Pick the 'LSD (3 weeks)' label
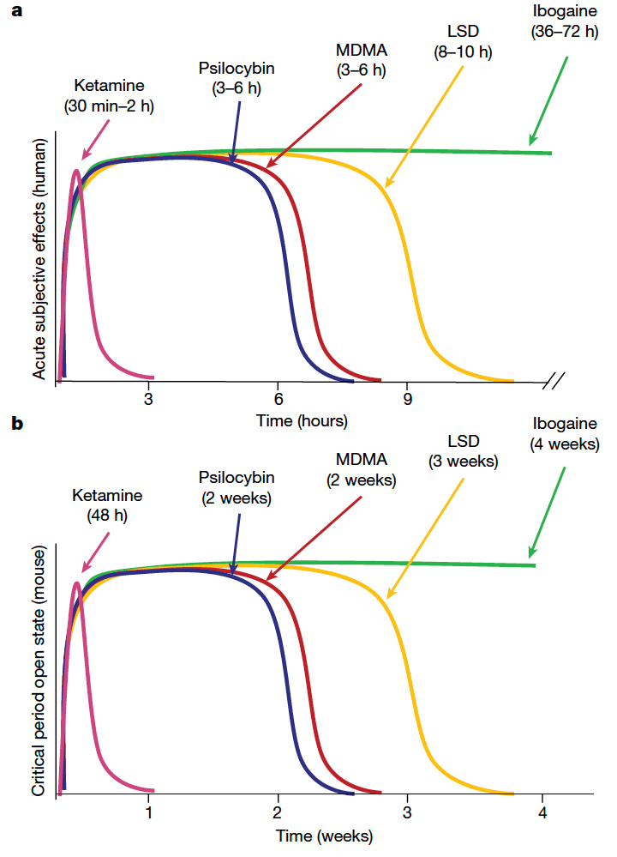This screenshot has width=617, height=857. (x=463, y=452)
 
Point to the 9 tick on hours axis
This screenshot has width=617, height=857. (x=408, y=399)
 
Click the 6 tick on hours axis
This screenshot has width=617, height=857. (x=278, y=399)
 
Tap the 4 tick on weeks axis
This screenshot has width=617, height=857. (x=541, y=812)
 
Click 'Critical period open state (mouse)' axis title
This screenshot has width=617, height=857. (x=39, y=669)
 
